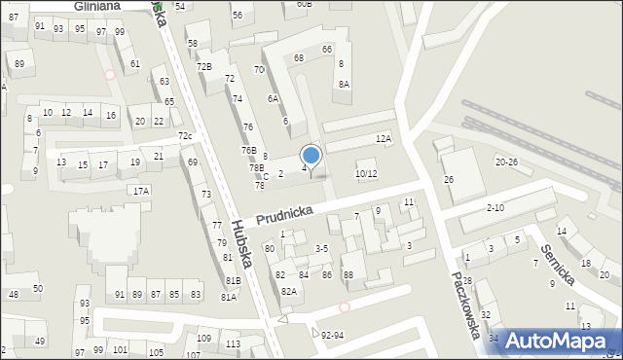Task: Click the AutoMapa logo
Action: point(557,341)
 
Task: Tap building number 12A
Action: point(384,139)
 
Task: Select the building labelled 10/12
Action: point(366,173)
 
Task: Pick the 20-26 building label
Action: point(506,162)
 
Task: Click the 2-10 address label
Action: point(495,208)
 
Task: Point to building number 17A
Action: point(141,191)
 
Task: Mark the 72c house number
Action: point(185,135)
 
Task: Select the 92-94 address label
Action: point(332,336)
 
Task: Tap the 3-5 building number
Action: point(321,249)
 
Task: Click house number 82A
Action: point(288,291)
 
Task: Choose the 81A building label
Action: point(228,297)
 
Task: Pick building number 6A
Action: point(274,98)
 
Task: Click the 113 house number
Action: point(233,344)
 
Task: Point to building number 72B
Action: point(203,66)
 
